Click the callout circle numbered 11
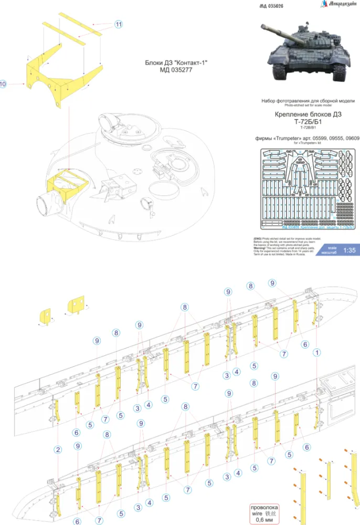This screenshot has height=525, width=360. [119, 25]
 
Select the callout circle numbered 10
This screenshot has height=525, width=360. [4, 83]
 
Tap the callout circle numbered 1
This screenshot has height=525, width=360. [317, 352]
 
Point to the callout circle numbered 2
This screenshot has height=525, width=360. [57, 449]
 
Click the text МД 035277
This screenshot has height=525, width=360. [176, 70]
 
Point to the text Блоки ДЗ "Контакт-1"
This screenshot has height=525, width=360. [176, 62]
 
